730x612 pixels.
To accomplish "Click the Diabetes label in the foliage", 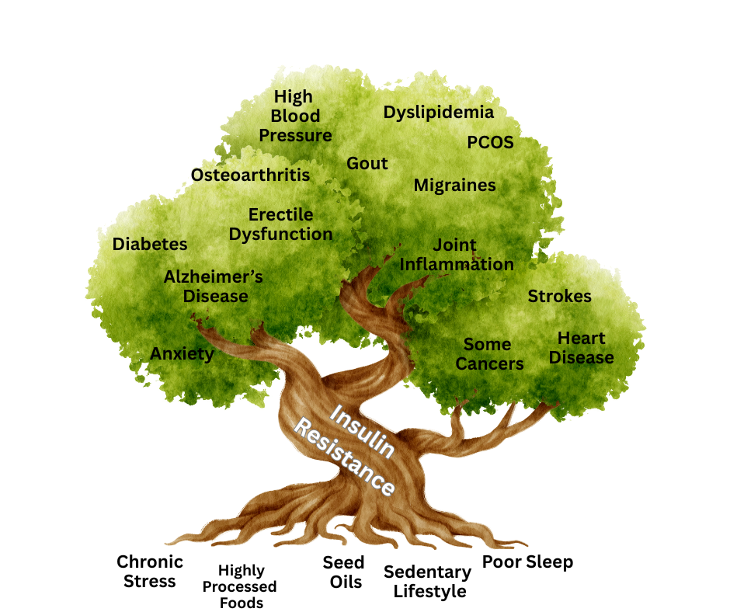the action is [150, 244].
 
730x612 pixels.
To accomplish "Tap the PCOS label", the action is [490, 143].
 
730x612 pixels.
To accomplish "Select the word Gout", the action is [367, 164].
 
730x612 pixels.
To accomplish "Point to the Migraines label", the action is [454, 186].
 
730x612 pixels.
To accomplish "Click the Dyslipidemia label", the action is [438, 112].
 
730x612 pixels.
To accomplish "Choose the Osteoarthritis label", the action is [250, 175].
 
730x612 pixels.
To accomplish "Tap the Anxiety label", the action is [182, 354].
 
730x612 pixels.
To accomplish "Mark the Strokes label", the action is [559, 296].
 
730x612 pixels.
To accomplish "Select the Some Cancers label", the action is [488, 354].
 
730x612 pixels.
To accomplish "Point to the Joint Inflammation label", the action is [456, 255].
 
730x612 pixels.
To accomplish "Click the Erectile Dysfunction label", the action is [280, 224].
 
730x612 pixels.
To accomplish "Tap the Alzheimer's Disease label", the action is [214, 286].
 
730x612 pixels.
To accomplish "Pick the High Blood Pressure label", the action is [295, 116].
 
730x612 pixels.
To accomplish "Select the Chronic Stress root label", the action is [150, 571].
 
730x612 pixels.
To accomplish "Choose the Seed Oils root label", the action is [342, 571].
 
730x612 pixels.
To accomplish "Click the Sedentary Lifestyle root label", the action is [428, 582].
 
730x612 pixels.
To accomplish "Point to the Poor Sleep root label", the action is [528, 562].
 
